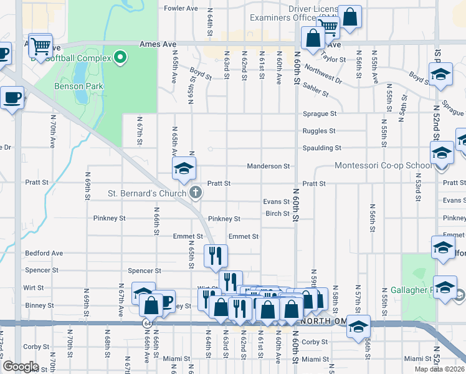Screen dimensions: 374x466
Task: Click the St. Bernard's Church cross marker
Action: [x=196, y=193]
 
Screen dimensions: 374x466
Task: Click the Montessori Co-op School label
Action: [x=383, y=165]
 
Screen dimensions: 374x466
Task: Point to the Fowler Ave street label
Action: [x=181, y=9]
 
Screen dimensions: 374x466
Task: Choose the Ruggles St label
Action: [x=319, y=131]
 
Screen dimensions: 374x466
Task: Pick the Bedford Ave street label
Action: [x=44, y=254]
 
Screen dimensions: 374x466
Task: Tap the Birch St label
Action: [x=278, y=213]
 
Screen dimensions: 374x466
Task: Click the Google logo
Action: [x=21, y=367]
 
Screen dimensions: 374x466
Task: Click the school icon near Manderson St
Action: [x=184, y=168]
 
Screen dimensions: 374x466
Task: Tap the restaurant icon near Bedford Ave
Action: [x=216, y=256]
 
